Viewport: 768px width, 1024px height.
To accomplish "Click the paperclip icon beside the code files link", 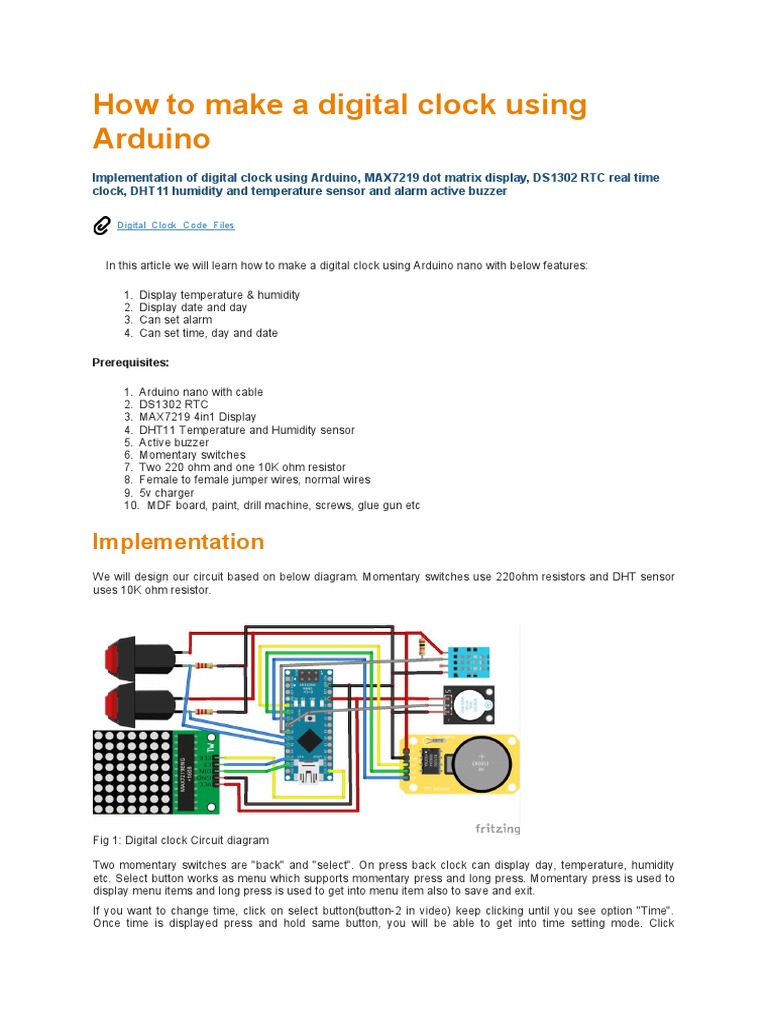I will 101,226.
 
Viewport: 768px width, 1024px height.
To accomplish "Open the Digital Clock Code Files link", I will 175,226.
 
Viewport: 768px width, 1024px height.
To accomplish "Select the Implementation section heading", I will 178,542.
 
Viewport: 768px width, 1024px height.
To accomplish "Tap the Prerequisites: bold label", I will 130,362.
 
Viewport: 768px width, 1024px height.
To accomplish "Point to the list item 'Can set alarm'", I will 175,320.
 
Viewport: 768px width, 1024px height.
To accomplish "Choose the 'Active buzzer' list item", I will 173,442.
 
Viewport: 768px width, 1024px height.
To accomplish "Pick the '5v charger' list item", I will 166,493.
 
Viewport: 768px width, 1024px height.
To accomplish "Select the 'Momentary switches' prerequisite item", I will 191,455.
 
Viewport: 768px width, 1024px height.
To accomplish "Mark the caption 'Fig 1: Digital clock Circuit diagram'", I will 181,840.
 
